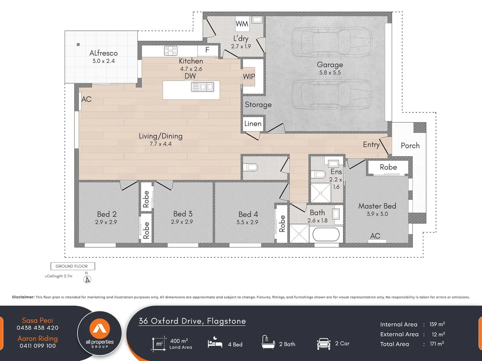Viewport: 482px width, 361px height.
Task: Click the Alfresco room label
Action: tap(104, 53)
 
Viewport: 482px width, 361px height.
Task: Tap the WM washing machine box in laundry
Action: tap(242, 24)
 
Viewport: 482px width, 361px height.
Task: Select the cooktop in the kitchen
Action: tap(170, 51)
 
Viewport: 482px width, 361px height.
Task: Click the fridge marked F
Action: tap(207, 50)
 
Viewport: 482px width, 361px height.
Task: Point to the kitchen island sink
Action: tap(202, 87)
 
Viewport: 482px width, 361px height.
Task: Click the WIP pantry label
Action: tap(249, 77)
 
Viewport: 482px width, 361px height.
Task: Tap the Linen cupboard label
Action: tap(253, 124)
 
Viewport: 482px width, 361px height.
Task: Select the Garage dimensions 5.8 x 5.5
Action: tap(330, 73)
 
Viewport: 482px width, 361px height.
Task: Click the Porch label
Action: tap(410, 145)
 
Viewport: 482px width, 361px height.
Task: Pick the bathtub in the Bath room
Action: tap(326, 234)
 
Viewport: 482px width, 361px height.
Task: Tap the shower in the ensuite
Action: tap(321, 193)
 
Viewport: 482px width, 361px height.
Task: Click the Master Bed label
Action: tap(377, 206)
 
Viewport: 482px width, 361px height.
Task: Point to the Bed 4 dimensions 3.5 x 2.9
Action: tap(247, 222)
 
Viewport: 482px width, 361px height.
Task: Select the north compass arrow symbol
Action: tap(87, 279)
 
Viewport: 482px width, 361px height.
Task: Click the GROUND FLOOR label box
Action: tap(72, 266)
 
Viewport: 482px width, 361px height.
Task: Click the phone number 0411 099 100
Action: tap(38, 346)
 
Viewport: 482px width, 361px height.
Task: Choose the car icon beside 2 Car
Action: tap(323, 344)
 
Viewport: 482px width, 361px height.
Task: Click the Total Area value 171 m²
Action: tap(437, 344)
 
